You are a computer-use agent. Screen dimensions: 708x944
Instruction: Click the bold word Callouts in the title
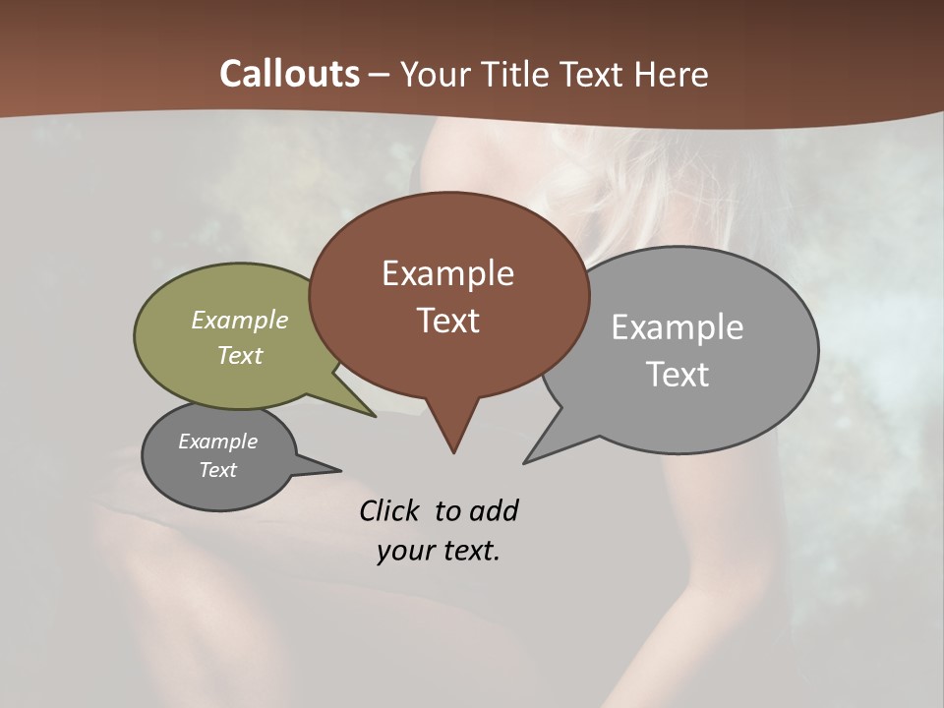coord(290,74)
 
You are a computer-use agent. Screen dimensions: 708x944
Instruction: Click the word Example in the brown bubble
coord(447,273)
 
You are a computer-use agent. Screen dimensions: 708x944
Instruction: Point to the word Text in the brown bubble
coord(447,321)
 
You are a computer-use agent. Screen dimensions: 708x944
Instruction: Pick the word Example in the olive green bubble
coord(240,320)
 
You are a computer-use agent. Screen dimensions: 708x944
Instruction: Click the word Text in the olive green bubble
coord(240,355)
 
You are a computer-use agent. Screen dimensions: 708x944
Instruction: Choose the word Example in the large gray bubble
coord(678,327)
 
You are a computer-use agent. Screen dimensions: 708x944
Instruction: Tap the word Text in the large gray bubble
coord(678,375)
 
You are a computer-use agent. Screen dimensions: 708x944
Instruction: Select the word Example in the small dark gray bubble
coord(217,442)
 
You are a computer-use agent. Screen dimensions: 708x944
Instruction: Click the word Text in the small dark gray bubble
coord(217,470)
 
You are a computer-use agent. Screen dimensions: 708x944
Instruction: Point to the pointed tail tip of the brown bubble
coord(453,452)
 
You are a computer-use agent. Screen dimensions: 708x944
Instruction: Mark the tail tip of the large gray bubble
coord(525,462)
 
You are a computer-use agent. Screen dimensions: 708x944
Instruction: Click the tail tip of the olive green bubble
coord(375,416)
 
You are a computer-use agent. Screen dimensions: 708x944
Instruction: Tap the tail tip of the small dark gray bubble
coord(340,471)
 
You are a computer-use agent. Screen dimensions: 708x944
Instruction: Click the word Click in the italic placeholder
coord(391,510)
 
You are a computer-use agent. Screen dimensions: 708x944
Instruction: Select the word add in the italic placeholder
coord(494,510)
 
